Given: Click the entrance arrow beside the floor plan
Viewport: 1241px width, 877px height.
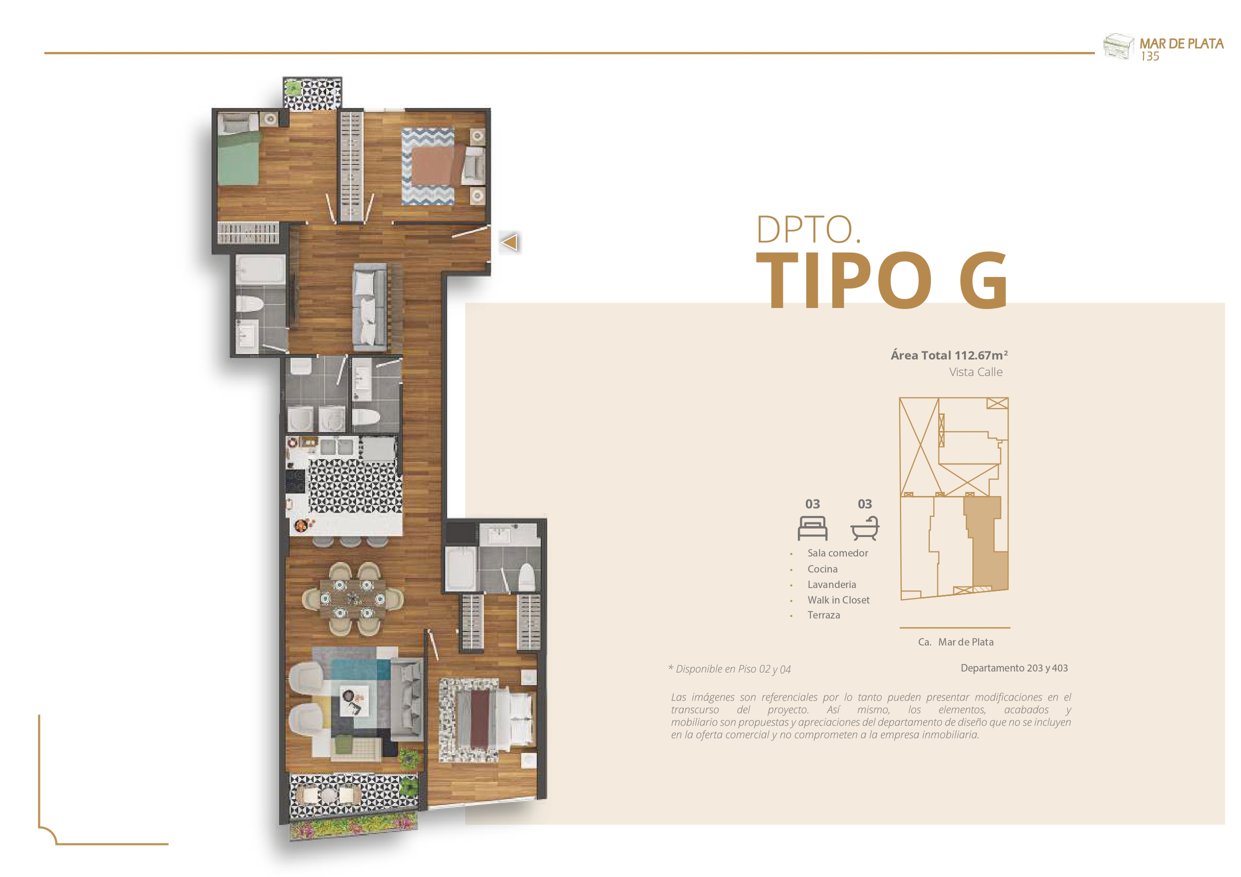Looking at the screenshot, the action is (510, 241).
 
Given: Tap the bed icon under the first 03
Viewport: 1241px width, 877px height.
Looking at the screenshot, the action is (812, 528).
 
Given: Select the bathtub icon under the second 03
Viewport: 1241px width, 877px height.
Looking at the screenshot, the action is (865, 528).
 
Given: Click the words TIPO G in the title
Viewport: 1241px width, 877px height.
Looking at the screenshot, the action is (882, 280).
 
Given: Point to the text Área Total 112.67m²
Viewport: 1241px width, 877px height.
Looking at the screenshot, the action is (949, 355).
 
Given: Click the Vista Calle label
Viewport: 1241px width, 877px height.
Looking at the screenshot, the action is (975, 372).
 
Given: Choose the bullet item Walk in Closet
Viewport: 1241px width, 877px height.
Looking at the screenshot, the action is (838, 600).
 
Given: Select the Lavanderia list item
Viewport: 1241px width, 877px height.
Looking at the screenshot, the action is (832, 584).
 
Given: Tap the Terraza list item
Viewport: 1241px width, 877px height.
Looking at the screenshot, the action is (824, 615).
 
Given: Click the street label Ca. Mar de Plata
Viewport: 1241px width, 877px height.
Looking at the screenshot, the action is (955, 642).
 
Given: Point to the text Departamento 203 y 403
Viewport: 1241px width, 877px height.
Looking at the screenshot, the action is (1014, 668).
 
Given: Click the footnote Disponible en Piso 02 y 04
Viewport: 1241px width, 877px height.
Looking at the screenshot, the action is (730, 669).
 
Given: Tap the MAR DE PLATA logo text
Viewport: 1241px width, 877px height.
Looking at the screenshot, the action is (1181, 44).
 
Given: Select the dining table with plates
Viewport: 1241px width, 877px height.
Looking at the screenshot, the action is (353, 598).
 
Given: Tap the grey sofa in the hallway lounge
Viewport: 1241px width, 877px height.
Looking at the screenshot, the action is (370, 306).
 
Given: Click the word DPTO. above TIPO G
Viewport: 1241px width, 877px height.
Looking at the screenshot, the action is (808, 229).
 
